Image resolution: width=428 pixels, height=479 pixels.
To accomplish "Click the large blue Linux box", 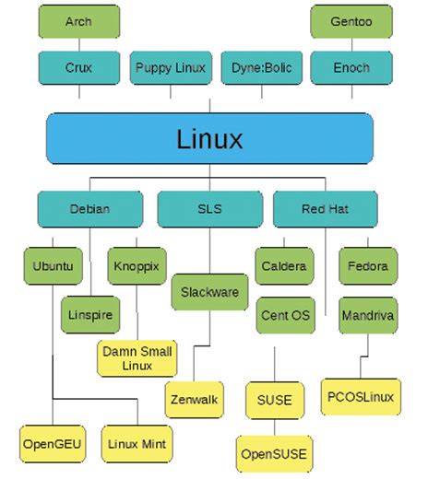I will point(209,139).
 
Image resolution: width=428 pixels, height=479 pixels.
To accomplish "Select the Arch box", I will point(78,21).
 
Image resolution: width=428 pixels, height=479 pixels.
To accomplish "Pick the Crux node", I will point(78,67).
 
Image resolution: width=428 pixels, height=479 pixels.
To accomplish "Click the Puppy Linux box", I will point(169,67).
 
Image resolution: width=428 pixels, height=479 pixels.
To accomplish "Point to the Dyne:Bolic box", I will point(260,67).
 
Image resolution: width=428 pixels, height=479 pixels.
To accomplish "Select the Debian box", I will point(89,209).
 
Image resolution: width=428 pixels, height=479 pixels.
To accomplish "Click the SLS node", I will point(209,209).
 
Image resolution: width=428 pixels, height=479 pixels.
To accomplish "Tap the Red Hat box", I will point(325,209).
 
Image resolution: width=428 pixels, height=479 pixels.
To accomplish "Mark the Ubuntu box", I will point(53,266).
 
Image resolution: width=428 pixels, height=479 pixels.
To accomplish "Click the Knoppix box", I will point(137,266).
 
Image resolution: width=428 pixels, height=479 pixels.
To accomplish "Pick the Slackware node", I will point(209,292).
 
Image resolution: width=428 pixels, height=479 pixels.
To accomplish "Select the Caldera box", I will point(285,266).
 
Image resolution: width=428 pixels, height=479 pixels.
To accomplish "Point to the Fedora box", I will point(368,266).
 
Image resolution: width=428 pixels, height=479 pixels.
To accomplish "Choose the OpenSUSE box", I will point(274,453).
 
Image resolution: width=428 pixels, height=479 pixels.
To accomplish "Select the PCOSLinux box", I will point(361,397).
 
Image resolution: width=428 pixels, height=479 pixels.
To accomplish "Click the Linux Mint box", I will point(137,444).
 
